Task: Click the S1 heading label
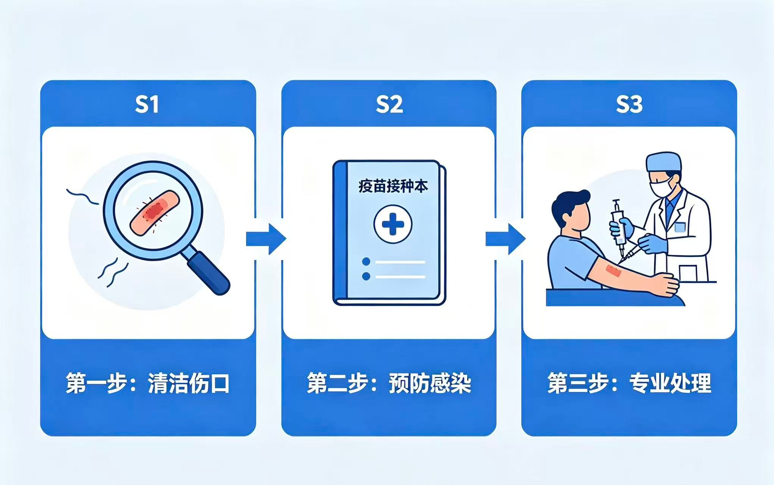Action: click(147, 105)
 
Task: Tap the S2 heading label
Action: click(389, 105)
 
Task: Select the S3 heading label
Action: click(629, 105)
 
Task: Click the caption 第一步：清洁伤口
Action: click(148, 383)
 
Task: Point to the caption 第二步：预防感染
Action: click(389, 383)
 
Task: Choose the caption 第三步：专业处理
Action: click(629, 383)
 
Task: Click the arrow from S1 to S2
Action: click(266, 239)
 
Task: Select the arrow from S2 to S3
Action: click(506, 239)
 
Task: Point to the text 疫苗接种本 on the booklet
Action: click(393, 187)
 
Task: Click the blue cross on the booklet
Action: click(393, 224)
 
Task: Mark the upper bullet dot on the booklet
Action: click(366, 261)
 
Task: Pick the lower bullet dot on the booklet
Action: click(366, 276)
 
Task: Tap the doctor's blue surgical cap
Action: click(664, 162)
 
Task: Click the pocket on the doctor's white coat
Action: click(680, 227)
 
